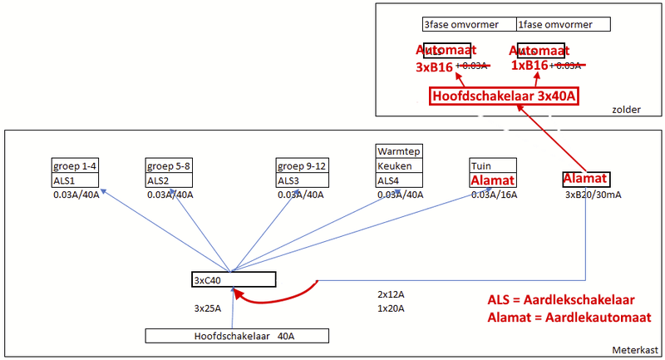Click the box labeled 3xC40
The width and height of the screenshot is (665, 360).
coord(233,279)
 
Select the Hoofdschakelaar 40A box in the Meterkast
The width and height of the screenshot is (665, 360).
coord(238,336)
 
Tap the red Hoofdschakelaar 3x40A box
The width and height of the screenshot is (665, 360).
coord(504,96)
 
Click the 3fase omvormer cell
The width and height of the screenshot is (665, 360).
coord(469,24)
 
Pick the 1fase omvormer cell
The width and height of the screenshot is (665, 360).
coord(564,24)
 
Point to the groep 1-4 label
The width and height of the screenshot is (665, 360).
coord(76,165)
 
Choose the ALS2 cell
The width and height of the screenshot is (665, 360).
coord(170,180)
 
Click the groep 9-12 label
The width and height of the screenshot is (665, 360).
coord(302,165)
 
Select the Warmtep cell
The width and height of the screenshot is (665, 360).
coord(400,151)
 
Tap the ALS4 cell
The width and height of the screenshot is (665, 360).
coord(400,180)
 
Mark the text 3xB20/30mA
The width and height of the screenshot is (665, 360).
coord(593,195)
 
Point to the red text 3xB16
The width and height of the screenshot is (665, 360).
coord(434,66)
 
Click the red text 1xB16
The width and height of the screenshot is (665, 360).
coord(529,66)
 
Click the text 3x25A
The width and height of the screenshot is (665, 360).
coord(208,308)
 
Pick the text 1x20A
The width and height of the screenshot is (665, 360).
coord(391,308)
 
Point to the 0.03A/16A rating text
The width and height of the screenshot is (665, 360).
coord(494,195)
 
